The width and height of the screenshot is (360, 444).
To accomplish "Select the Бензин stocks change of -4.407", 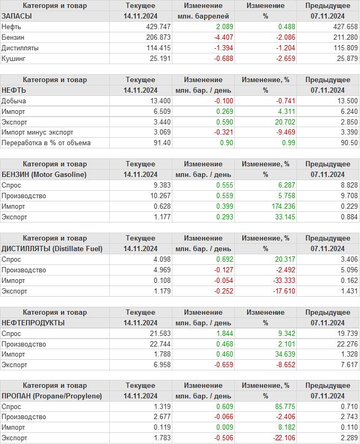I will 222,37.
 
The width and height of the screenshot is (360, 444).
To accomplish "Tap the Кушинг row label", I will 14,58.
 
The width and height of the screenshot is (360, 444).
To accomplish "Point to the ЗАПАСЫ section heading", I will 17,16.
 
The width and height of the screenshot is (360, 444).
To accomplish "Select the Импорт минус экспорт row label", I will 38,132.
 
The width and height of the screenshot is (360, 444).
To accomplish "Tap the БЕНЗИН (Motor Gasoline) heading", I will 44,174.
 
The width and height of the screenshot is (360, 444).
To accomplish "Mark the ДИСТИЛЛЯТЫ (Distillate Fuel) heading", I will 52,248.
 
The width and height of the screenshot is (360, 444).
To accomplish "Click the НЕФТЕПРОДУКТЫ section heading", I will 33,323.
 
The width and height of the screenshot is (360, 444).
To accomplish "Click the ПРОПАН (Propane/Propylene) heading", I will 51,396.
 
